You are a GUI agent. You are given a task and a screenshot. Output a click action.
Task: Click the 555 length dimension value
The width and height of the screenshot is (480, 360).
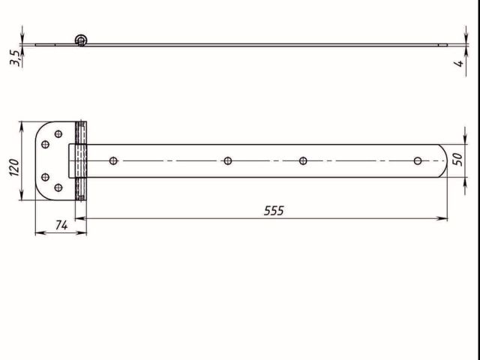274,211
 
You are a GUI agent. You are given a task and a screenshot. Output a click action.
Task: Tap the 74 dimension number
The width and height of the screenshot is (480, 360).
61,224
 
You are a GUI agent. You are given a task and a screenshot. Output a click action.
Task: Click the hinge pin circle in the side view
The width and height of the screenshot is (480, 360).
81,40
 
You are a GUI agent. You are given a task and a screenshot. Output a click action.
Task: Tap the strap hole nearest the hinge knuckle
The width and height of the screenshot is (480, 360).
113,160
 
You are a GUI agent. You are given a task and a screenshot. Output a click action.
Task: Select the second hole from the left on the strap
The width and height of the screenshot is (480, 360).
227,160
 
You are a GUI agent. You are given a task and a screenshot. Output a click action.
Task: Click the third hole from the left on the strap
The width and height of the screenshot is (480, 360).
304,160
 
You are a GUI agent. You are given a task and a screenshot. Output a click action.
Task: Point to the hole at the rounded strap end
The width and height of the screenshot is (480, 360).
418,160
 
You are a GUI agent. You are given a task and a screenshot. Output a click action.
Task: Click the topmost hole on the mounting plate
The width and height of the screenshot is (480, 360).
58,134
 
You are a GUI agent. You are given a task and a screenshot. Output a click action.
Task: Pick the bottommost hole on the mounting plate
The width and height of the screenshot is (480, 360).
58,188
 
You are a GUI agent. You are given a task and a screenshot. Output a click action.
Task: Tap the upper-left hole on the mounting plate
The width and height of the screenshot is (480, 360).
45,144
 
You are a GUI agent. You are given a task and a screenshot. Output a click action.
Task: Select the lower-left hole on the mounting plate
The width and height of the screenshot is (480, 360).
45,178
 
